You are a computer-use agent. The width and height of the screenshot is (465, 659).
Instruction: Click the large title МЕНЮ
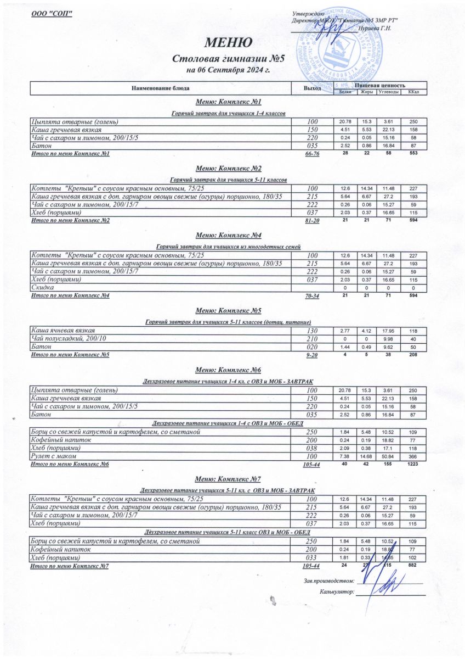[229, 42]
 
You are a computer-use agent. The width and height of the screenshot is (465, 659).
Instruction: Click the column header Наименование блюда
[161, 88]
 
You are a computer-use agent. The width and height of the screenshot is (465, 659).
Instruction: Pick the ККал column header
[414, 92]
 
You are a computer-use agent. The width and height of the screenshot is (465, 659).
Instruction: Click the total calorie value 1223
[413, 464]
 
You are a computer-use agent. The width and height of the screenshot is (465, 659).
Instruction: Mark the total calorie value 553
[413, 154]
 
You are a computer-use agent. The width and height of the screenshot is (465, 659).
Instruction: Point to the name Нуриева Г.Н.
[374, 27]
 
